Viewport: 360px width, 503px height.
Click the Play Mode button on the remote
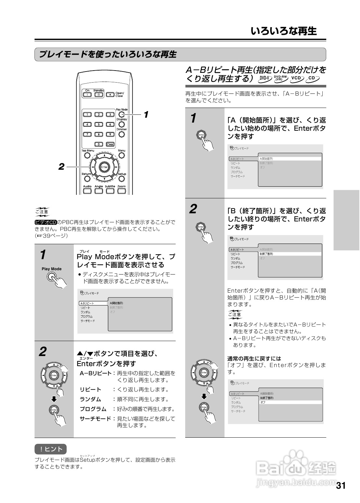point(121,114)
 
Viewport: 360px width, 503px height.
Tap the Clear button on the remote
point(110,144)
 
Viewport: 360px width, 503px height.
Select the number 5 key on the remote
point(99,124)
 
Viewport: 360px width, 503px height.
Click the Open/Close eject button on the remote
point(110,95)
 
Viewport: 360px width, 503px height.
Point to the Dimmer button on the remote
point(122,134)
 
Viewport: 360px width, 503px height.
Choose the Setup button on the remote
point(122,179)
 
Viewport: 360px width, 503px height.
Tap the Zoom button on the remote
point(122,191)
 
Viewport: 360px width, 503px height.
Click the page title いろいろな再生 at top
point(284,31)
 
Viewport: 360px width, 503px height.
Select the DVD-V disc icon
point(265,78)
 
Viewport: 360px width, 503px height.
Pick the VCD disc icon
point(297,78)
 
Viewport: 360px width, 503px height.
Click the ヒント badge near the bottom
point(51,449)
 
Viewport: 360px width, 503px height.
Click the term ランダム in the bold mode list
point(90,399)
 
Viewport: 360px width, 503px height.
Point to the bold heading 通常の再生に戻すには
point(254,359)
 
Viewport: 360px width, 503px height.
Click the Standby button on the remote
point(98,95)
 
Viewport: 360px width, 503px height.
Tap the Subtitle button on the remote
point(110,191)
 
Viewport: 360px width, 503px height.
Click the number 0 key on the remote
point(99,144)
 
